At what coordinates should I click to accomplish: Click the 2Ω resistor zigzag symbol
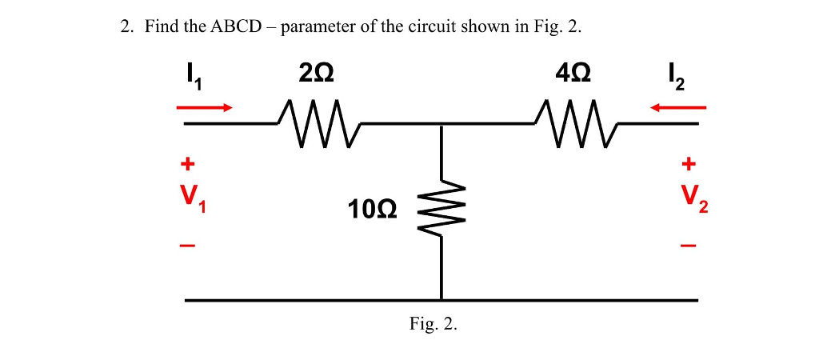319,124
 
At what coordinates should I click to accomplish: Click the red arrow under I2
678,106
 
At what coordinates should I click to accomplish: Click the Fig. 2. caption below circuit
433,324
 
